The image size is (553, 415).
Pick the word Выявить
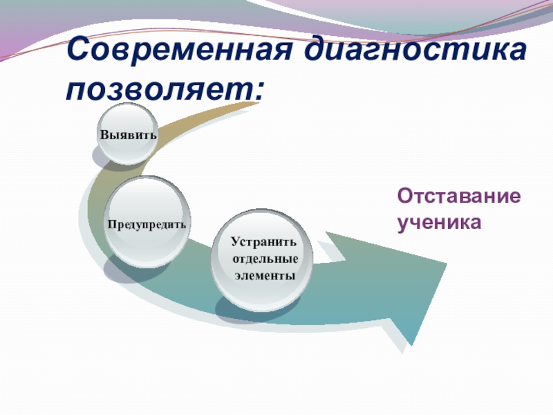pos(128,134)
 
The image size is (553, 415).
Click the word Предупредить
pos(147,225)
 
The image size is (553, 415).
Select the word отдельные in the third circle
pos(265,259)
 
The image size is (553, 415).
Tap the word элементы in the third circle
pos(264,275)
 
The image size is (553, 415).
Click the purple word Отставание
pos(458,196)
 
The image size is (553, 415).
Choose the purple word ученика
pos(438,223)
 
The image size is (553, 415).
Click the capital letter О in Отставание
pos(404,196)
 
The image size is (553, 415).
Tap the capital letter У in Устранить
pos(235,243)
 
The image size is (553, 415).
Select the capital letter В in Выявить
pos(104,134)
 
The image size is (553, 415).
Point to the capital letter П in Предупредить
pos(111,225)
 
